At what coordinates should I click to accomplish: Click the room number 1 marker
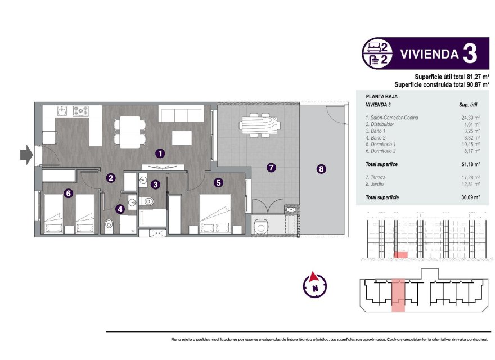click(x=160, y=152)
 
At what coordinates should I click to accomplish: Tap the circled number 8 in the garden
click(x=321, y=168)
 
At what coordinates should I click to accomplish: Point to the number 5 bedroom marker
click(x=218, y=182)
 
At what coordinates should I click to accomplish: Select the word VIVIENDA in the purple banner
click(x=428, y=54)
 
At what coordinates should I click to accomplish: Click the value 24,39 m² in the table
click(x=470, y=118)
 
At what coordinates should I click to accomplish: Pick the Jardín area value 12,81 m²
click(x=470, y=183)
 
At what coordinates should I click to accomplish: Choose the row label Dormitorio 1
click(x=385, y=144)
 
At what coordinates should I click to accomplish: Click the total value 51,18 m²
click(x=470, y=164)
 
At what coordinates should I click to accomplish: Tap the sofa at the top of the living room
click(x=181, y=114)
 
